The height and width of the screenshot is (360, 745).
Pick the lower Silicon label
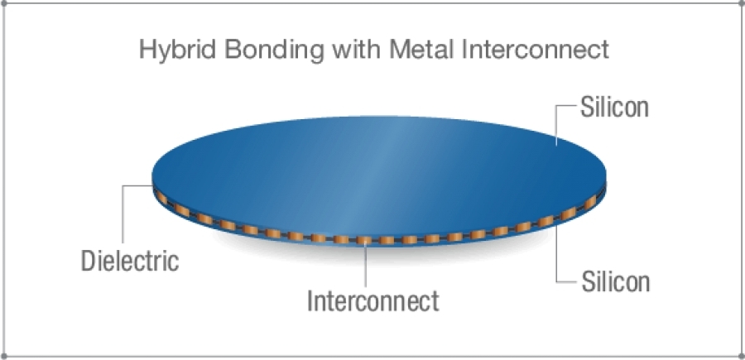614,281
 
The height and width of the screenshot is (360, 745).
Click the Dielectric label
130,262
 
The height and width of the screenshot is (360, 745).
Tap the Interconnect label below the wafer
372,300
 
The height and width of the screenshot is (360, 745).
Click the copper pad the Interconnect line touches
366,241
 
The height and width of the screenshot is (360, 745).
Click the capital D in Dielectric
88,262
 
